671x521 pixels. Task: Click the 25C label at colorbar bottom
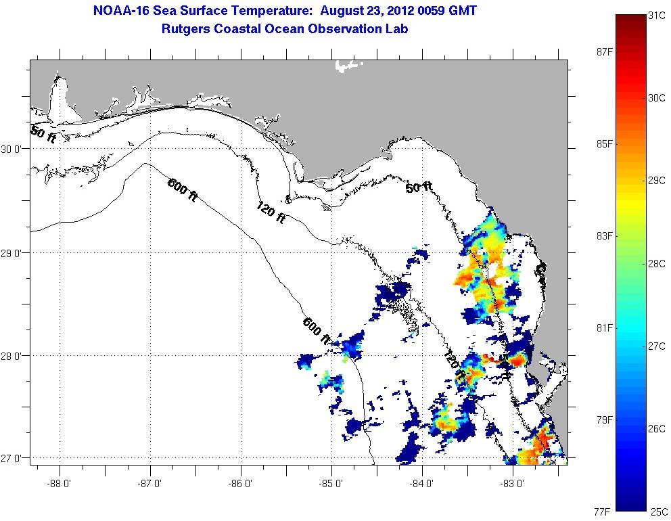coord(659,512)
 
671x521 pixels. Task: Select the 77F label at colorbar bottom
coord(602,512)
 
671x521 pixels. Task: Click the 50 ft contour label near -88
coord(43,133)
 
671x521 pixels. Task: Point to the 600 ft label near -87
coord(183,187)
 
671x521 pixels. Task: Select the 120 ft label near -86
coord(271,213)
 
